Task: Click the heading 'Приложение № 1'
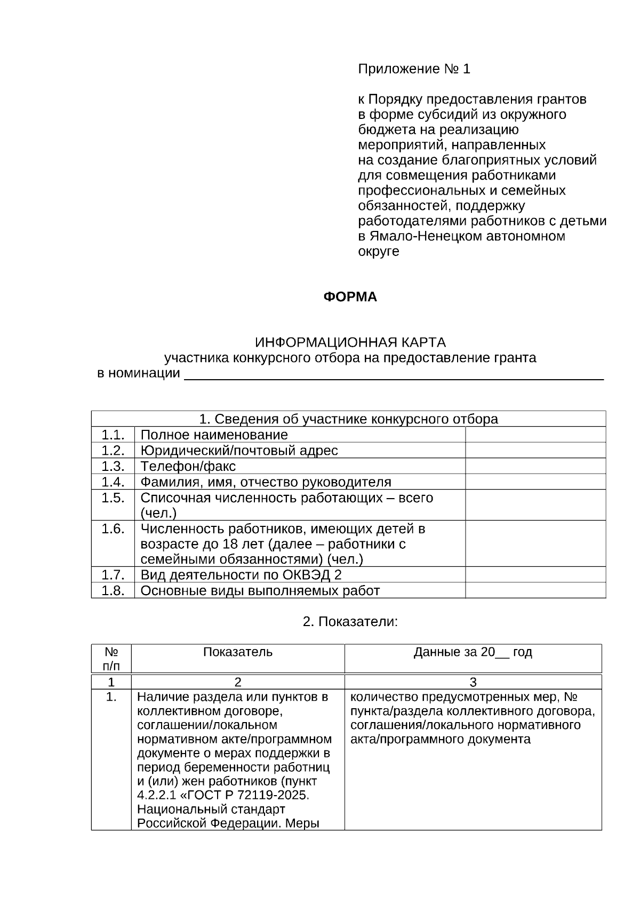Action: (x=414, y=69)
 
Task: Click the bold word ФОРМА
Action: (x=350, y=297)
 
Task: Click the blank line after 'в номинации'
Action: (x=393, y=373)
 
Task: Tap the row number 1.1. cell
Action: (x=113, y=435)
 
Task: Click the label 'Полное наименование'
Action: (x=214, y=435)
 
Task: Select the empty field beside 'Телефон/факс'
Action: (x=535, y=466)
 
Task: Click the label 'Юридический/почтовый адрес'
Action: (x=239, y=451)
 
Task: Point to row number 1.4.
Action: (x=113, y=482)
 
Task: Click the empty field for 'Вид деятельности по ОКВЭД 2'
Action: (x=535, y=575)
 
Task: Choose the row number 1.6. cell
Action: (x=113, y=529)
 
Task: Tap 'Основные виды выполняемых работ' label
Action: (x=260, y=591)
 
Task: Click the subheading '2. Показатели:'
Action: (x=350, y=622)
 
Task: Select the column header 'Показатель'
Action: (x=237, y=652)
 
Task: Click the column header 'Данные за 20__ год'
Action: (x=473, y=652)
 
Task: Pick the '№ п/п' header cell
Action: (x=111, y=659)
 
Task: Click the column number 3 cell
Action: (x=473, y=682)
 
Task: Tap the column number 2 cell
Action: (x=237, y=682)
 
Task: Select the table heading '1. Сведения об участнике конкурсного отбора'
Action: (x=348, y=419)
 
